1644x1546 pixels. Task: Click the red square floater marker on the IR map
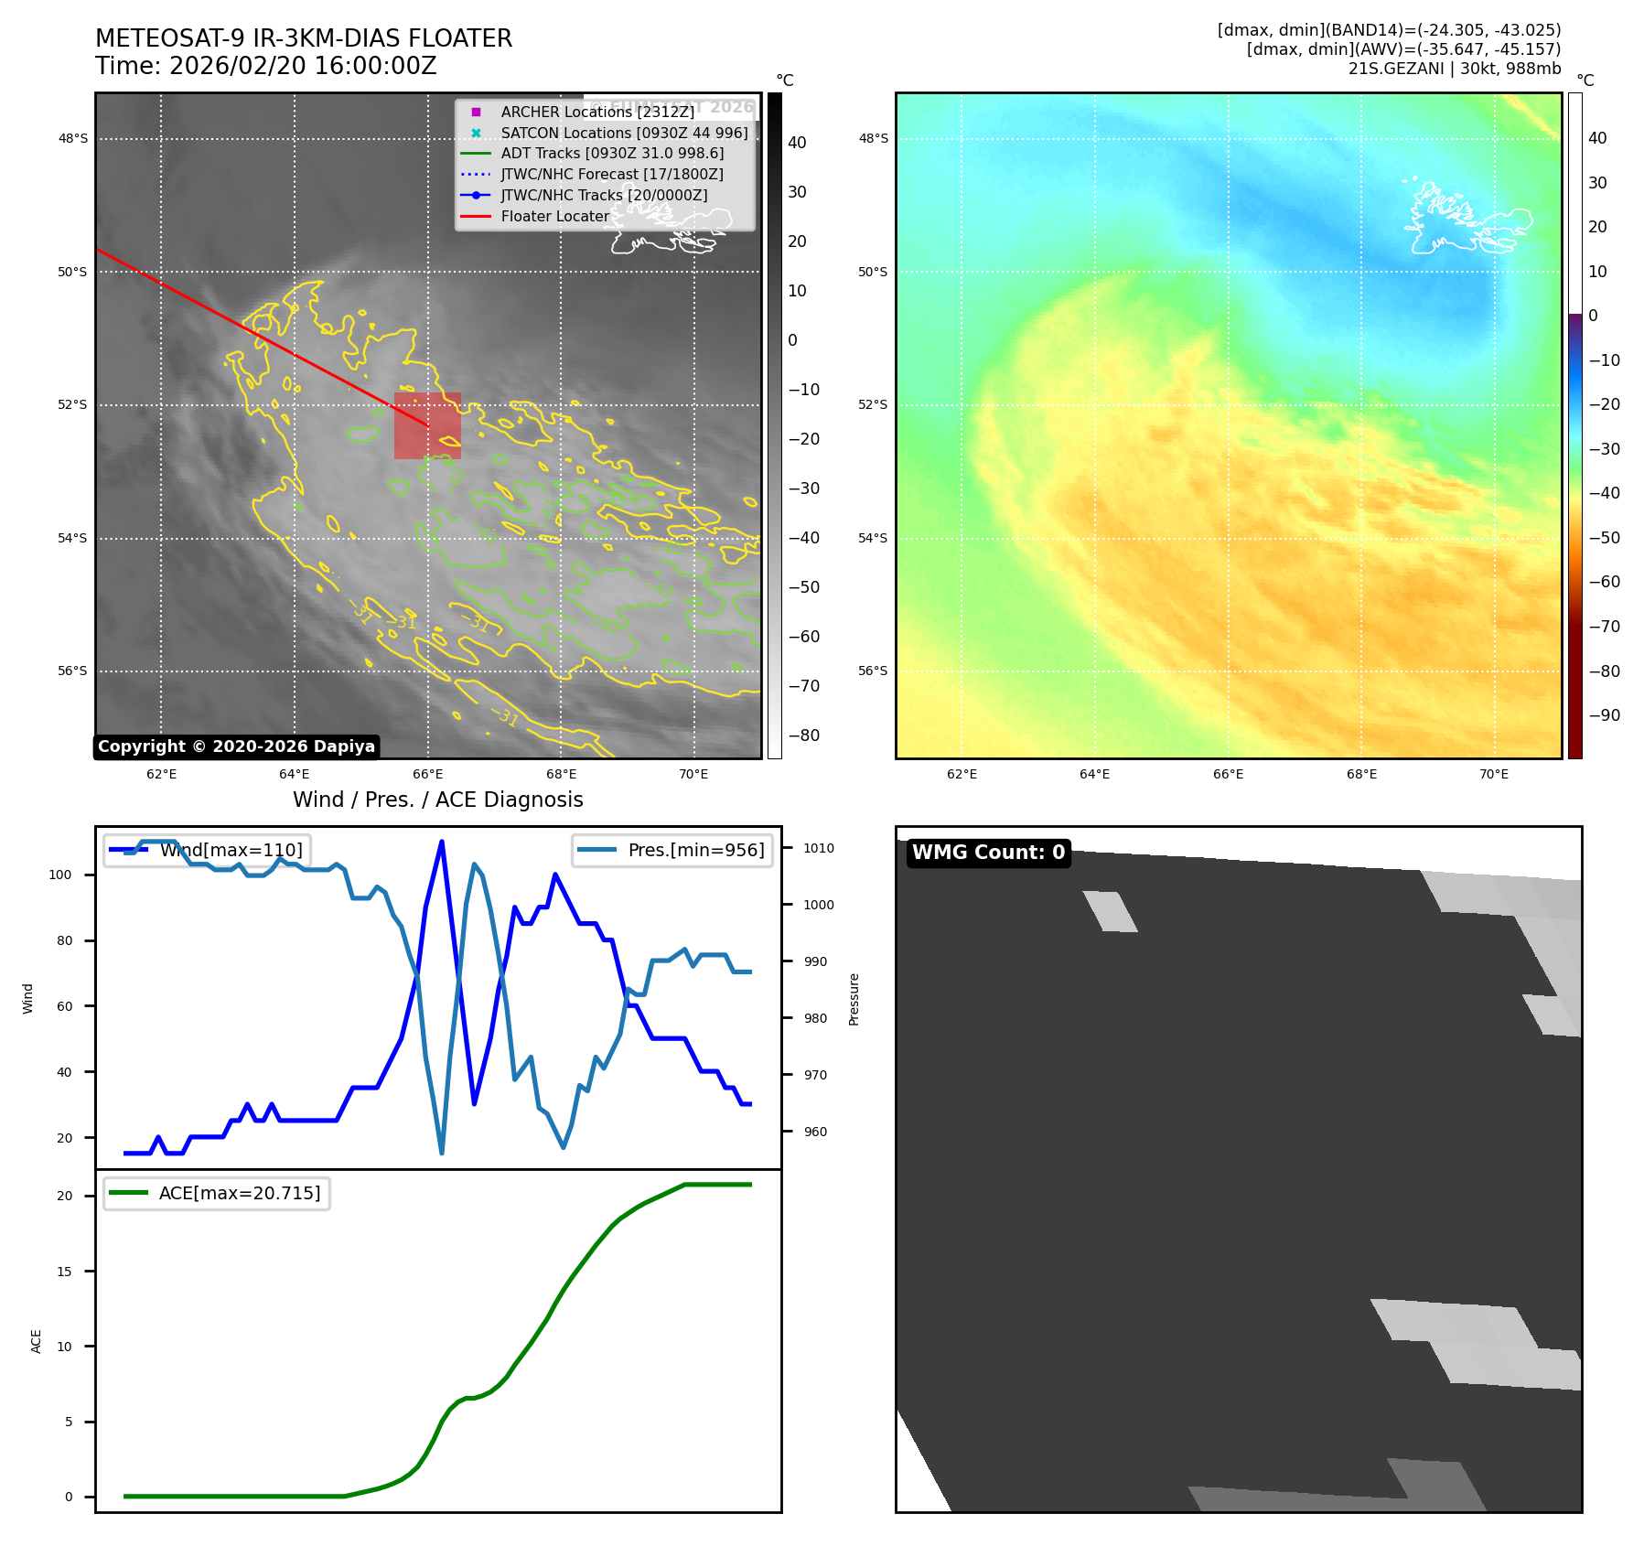point(427,425)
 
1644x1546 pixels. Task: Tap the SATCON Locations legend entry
point(623,133)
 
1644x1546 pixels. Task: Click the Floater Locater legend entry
point(554,217)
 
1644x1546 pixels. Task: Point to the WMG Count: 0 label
point(988,853)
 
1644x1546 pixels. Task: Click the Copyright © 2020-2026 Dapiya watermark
point(236,746)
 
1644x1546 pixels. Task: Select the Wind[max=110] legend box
point(207,850)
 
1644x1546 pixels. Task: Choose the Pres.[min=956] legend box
point(672,850)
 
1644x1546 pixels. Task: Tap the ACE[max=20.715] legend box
point(217,1193)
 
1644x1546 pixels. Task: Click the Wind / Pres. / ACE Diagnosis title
point(437,800)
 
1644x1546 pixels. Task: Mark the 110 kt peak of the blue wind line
point(442,842)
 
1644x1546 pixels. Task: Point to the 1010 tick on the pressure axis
point(818,848)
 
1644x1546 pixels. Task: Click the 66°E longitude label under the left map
point(427,774)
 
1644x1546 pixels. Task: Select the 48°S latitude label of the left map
point(73,139)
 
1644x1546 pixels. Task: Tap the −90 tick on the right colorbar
point(1604,715)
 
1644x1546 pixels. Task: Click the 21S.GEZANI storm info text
point(1454,69)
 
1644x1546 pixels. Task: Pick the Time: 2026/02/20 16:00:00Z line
point(265,66)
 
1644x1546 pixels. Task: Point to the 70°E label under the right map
point(1494,774)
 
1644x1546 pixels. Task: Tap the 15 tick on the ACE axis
point(64,1272)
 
